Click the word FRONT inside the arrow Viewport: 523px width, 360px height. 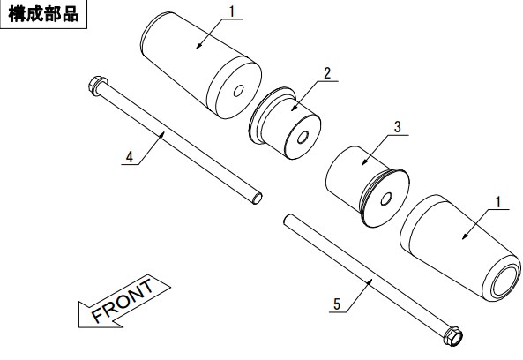[x=123, y=301]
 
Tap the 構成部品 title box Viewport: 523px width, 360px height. [x=43, y=14]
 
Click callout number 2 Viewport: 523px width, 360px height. [x=327, y=73]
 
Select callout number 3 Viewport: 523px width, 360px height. [x=397, y=127]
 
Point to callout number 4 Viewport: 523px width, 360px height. [x=130, y=157]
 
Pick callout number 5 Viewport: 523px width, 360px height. [x=337, y=304]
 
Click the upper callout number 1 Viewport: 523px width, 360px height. [x=232, y=11]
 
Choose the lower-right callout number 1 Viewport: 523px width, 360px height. [x=498, y=202]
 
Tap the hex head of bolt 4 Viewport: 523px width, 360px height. [x=97, y=86]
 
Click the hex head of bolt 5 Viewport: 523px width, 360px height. [x=452, y=335]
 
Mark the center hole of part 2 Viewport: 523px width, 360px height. [x=303, y=138]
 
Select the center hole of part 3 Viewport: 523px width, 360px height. [x=386, y=199]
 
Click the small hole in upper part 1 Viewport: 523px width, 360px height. [x=238, y=91]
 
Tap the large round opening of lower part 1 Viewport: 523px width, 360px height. [x=506, y=281]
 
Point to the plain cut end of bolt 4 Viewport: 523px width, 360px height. [x=257, y=199]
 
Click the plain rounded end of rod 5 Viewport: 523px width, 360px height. [x=288, y=219]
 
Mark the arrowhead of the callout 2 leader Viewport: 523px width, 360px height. [x=293, y=109]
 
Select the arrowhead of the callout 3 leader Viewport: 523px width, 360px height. [x=363, y=162]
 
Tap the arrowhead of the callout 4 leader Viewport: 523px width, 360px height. [x=162, y=134]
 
